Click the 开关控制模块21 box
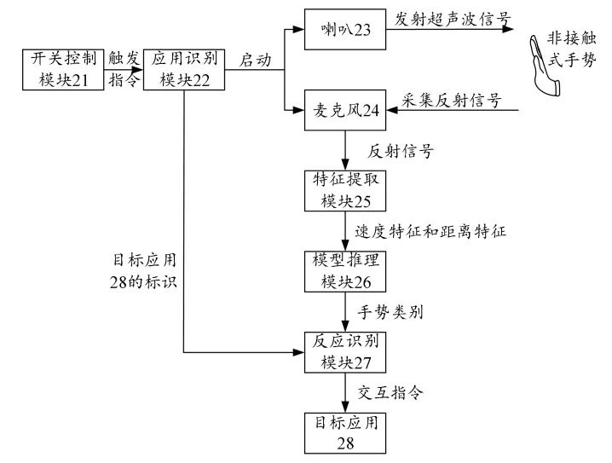point(64,69)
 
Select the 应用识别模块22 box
point(185,69)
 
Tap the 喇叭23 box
point(345,29)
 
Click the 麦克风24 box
point(345,110)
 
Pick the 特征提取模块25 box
point(345,190)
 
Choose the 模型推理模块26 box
point(345,271)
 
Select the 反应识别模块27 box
point(345,351)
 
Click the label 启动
point(254,60)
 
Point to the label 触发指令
point(124,69)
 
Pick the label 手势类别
point(390,312)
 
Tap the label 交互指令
point(390,392)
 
